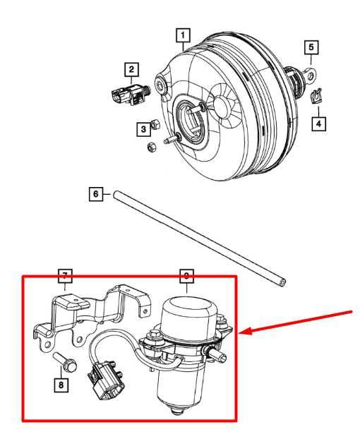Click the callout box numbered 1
point(183,33)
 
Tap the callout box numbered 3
point(143,128)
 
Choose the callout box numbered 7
point(64,275)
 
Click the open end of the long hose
point(282,282)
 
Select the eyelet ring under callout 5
point(310,73)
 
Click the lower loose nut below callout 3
point(150,147)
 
